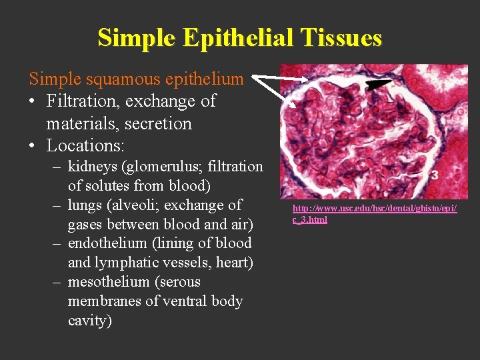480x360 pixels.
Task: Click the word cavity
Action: coord(89,321)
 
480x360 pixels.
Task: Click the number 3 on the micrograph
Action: coord(433,175)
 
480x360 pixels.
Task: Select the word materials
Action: coord(77,124)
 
